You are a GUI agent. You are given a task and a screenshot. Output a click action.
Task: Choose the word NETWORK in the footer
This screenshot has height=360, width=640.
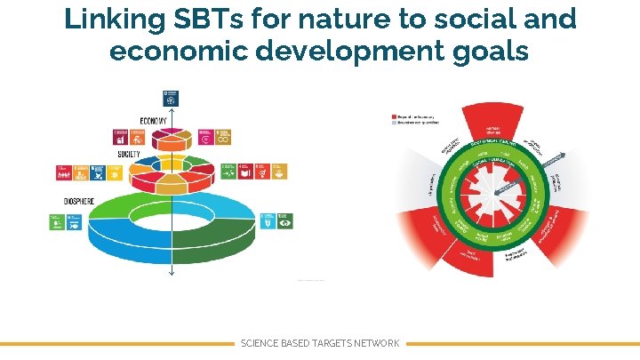tap(376, 343)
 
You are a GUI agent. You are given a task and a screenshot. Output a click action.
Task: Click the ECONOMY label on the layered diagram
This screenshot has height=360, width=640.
tap(153, 122)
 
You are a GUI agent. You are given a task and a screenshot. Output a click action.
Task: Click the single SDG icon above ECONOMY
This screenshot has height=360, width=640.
tap(170, 99)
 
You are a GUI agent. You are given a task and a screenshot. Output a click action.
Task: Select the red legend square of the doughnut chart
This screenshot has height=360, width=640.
tap(395, 117)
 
